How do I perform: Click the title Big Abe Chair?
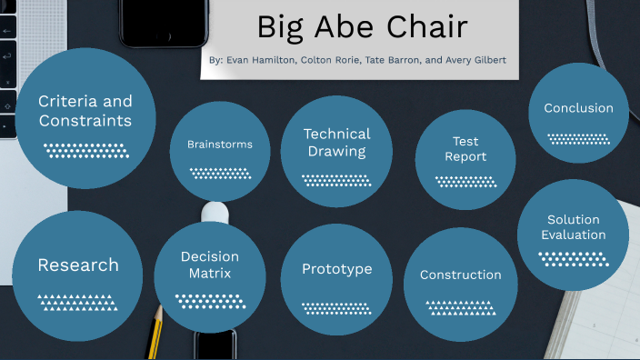click(x=362, y=27)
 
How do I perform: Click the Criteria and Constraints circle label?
click(x=85, y=111)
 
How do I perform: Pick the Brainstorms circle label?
click(x=220, y=145)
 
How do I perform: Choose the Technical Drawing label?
click(x=336, y=143)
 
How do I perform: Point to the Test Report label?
click(x=465, y=149)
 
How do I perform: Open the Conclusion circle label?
click(x=578, y=108)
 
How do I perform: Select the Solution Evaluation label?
click(x=573, y=227)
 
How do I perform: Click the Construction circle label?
click(x=460, y=275)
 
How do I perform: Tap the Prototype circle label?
click(x=336, y=269)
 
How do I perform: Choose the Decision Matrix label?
click(x=210, y=265)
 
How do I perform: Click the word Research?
click(x=78, y=265)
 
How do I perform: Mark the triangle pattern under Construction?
click(x=460, y=307)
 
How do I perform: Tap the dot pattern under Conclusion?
click(x=578, y=139)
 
